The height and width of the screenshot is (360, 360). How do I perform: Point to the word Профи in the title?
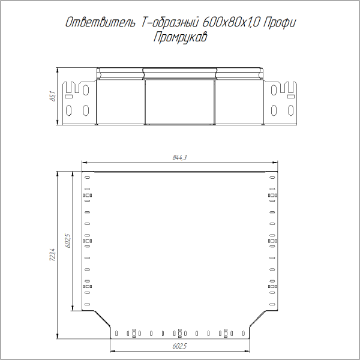coord(281,23)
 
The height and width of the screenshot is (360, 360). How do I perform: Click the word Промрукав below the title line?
coord(179,37)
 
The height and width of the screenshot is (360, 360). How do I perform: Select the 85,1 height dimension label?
coord(52,96)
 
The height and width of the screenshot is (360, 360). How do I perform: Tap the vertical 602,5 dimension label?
coord(68,241)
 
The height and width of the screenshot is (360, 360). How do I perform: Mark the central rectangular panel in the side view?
coord(180,101)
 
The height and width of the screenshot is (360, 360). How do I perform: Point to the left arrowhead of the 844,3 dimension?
coord(84,163)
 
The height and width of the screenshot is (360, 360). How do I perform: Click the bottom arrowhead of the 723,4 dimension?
coord(57,337)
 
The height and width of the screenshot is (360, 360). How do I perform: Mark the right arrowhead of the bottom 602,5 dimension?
coord(247,351)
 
